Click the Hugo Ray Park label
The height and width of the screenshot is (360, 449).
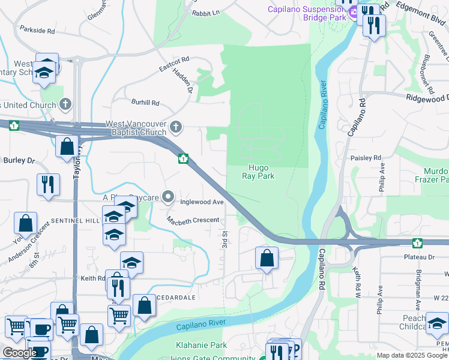(x=258, y=172)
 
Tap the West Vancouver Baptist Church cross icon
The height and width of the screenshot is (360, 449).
(x=176, y=127)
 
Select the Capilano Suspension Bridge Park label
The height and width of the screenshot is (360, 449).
(x=307, y=13)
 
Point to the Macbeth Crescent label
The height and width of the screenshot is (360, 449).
(x=193, y=220)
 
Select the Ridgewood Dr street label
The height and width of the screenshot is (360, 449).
(x=427, y=98)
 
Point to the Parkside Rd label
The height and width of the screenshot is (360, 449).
(x=37, y=30)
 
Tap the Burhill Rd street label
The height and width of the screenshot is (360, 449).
(x=146, y=103)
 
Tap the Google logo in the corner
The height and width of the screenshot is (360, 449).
(x=19, y=353)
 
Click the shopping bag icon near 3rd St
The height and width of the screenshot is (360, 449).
(x=266, y=259)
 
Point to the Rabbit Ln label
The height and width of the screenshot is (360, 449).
(x=206, y=11)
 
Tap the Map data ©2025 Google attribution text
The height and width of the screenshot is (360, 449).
(x=412, y=355)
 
